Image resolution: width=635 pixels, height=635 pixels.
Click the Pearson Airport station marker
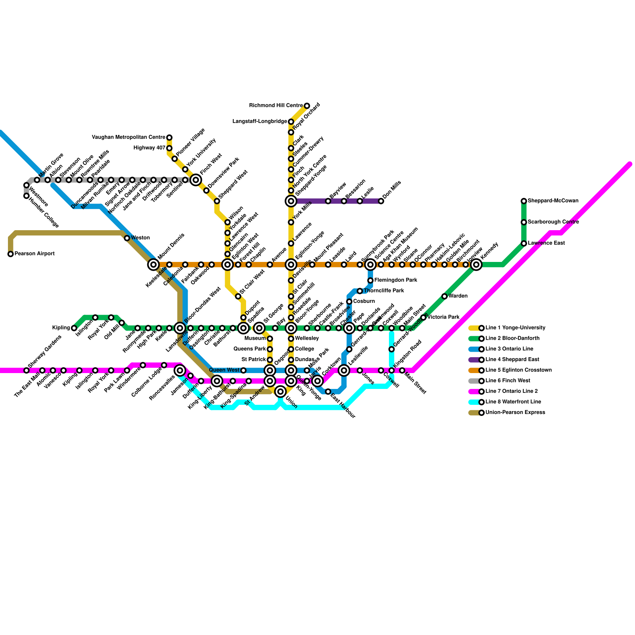(x=11, y=254)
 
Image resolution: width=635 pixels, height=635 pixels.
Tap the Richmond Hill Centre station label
(x=276, y=106)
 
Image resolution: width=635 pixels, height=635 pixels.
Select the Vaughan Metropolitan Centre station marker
(x=169, y=138)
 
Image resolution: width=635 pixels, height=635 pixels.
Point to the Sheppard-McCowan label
(x=553, y=201)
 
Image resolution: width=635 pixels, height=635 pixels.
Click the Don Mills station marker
(x=381, y=201)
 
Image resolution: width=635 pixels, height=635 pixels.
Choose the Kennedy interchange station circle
(x=476, y=265)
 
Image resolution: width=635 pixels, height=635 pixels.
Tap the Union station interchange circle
(x=281, y=392)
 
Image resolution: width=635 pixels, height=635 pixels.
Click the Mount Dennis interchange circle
(x=154, y=265)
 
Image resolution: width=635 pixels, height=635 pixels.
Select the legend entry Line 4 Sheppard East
(x=512, y=360)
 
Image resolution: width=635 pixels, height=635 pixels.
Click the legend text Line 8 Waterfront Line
(x=513, y=402)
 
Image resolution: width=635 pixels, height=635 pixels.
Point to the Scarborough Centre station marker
(x=524, y=222)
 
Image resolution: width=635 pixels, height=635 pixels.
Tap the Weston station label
(x=140, y=238)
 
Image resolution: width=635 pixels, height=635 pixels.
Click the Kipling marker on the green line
(x=74, y=328)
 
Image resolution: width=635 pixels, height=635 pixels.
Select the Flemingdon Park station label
(x=396, y=280)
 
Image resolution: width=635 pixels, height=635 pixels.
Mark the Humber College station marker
(x=27, y=196)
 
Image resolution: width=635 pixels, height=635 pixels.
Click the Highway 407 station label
(x=149, y=148)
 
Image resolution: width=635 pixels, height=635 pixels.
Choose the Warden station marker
(x=444, y=296)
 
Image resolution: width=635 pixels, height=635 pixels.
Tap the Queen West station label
(x=224, y=370)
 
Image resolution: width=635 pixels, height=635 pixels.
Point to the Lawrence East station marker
(x=524, y=243)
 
